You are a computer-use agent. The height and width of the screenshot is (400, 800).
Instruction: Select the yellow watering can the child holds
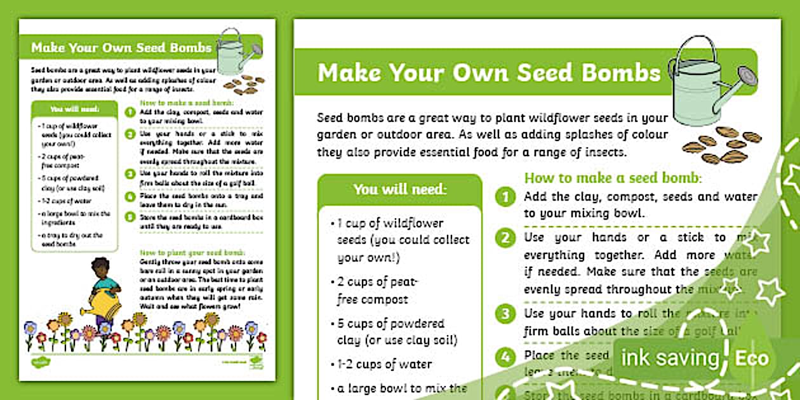[x=105, y=304]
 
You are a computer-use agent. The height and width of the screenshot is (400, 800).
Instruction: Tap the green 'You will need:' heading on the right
[x=400, y=189]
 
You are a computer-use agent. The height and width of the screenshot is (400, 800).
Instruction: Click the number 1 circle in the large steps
[x=505, y=197]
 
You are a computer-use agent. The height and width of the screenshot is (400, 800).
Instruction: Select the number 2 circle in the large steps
[x=505, y=238]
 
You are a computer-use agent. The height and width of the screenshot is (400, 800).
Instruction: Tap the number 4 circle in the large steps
[x=505, y=356]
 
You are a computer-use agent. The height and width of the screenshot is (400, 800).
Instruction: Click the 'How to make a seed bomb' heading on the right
[x=613, y=178]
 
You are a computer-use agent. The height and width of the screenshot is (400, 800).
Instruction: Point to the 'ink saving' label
[x=670, y=359]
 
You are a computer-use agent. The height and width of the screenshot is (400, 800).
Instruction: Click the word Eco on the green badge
[x=751, y=359]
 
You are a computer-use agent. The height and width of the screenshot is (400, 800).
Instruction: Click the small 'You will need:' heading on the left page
[x=75, y=109]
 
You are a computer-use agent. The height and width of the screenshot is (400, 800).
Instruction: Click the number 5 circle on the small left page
[x=130, y=217]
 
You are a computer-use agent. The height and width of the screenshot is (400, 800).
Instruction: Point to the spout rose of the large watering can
[x=749, y=77]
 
